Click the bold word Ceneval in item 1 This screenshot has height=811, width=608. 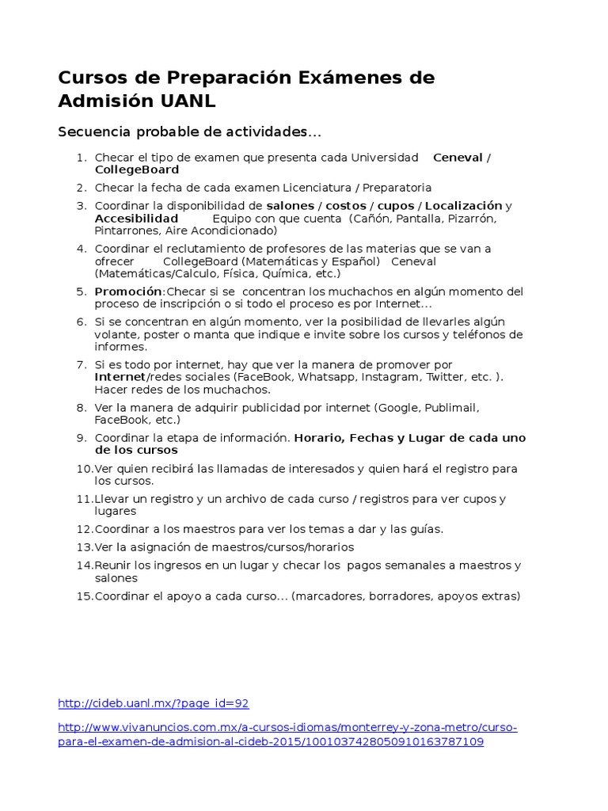pyautogui.click(x=458, y=158)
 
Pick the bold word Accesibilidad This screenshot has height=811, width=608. pyautogui.click(x=136, y=218)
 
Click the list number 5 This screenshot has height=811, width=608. pyautogui.click(x=81, y=291)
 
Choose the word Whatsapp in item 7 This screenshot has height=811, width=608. pyautogui.click(x=326, y=377)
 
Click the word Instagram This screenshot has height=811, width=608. pyautogui.click(x=393, y=377)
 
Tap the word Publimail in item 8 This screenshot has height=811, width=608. pyautogui.click(x=450, y=408)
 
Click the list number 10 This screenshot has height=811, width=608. pyautogui.click(x=84, y=469)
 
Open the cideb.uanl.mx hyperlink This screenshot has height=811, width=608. pyautogui.click(x=154, y=703)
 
